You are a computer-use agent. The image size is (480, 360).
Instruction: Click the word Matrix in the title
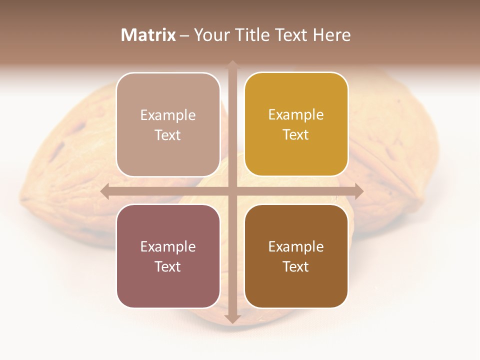pyautogui.click(x=148, y=35)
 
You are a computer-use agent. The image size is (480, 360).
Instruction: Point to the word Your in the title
pyautogui.click(x=210, y=35)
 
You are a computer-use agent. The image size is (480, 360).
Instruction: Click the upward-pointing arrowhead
pyautogui.click(x=232, y=65)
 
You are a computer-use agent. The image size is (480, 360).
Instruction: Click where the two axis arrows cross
pyautogui.click(x=232, y=191)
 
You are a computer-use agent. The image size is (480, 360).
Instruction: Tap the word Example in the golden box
pyautogui.click(x=296, y=115)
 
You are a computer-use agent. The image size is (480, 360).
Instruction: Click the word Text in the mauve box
pyautogui.click(x=168, y=266)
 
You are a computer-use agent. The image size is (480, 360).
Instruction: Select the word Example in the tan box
pyautogui.click(x=168, y=115)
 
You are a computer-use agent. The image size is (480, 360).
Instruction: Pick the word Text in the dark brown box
pyautogui.click(x=296, y=266)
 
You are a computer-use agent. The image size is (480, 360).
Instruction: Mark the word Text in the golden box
pyautogui.click(x=296, y=135)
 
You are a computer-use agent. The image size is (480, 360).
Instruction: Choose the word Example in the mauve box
pyautogui.click(x=168, y=246)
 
